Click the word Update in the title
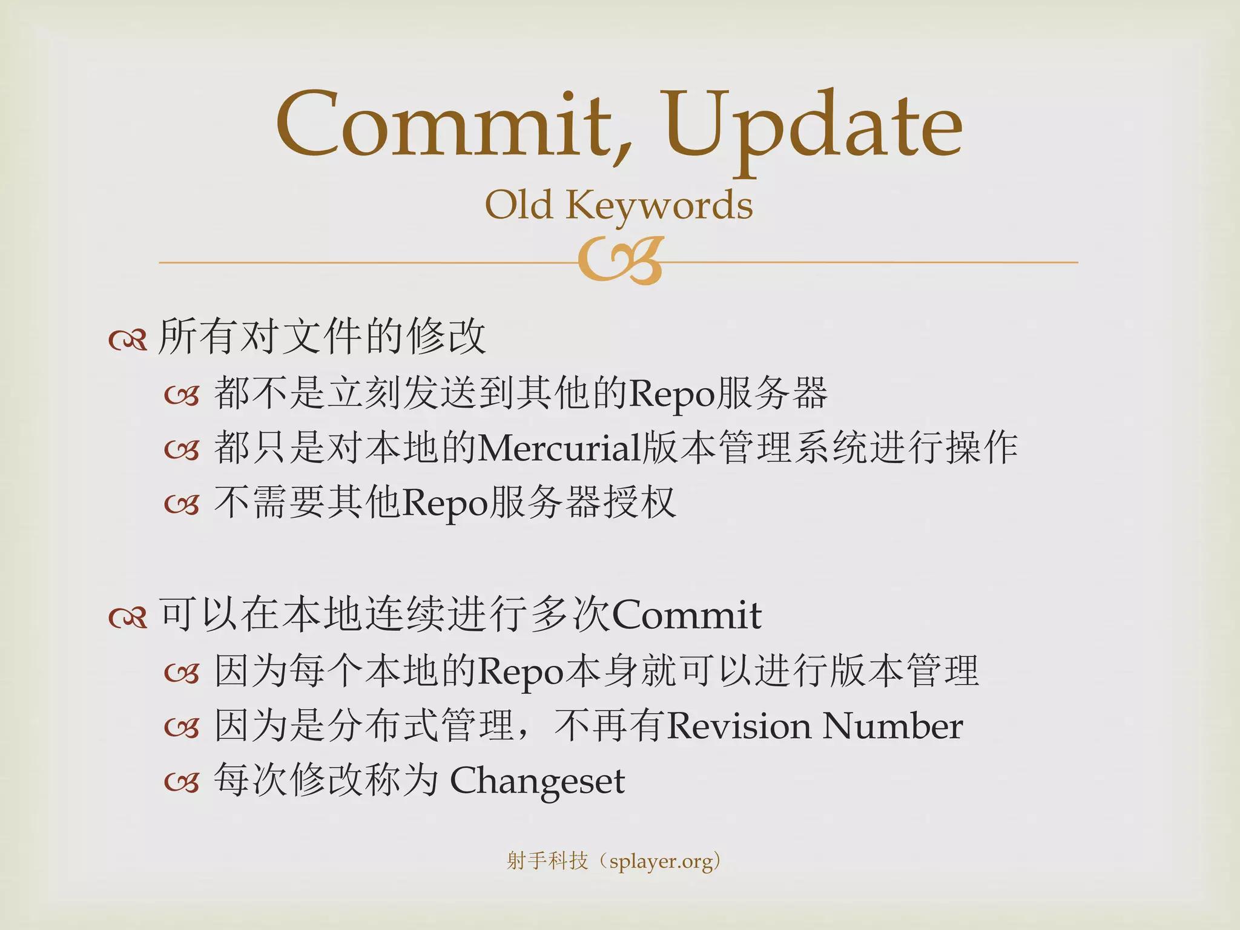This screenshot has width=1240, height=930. pyautogui.click(x=811, y=127)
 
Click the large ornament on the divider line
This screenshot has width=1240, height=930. pyautogui.click(x=621, y=261)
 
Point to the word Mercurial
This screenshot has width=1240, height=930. pyautogui.click(x=560, y=449)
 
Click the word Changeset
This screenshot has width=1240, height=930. pyautogui.click(x=537, y=782)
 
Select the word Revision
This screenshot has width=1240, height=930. pyautogui.click(x=739, y=726)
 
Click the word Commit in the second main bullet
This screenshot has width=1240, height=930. pyautogui.click(x=687, y=616)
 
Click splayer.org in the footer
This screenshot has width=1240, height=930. pyautogui.click(x=661, y=861)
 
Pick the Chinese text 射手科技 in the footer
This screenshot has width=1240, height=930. pyautogui.click(x=547, y=860)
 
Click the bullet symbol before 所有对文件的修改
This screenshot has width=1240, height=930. pyautogui.click(x=128, y=340)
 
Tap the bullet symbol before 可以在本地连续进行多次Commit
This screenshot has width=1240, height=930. pyautogui.click(x=128, y=618)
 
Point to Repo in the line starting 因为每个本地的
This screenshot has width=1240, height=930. pyautogui.click(x=521, y=672)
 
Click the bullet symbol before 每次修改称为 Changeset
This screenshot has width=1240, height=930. pyautogui.click(x=182, y=783)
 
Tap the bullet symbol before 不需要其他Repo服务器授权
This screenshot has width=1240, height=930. pyautogui.click(x=182, y=504)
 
